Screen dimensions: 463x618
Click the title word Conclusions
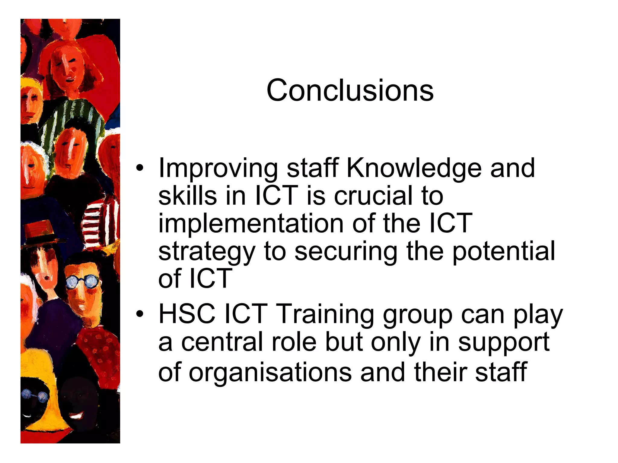[x=350, y=90]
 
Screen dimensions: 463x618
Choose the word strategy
[x=207, y=251]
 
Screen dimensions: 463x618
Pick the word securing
[x=346, y=251]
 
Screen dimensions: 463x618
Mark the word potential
[x=504, y=251]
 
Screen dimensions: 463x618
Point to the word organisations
[x=270, y=373]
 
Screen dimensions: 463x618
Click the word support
[x=504, y=342]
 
